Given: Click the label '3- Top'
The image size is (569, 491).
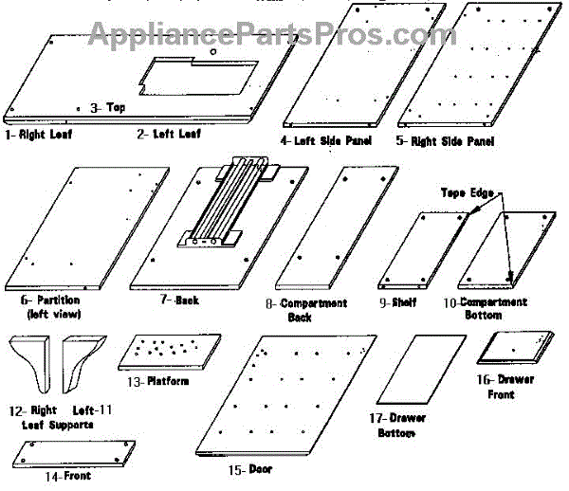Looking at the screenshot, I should [x=107, y=107].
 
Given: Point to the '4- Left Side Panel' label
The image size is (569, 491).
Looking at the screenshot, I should [x=325, y=140].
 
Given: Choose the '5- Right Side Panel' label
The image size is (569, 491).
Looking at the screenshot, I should [x=446, y=141].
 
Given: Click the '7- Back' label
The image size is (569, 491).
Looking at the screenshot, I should [x=179, y=300].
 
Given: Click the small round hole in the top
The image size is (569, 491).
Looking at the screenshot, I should [x=214, y=51].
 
